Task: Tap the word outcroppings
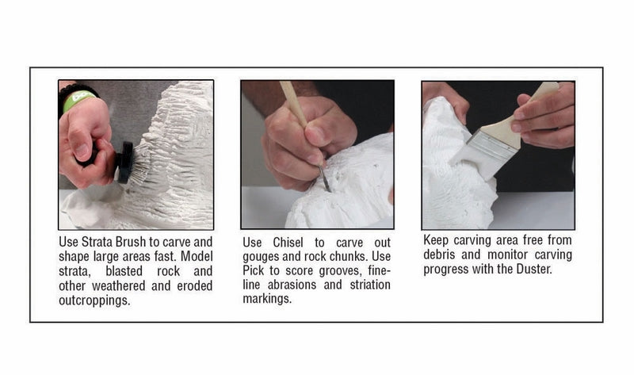coord(96,300)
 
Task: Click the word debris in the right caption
coord(442,254)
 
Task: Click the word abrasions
coord(298,285)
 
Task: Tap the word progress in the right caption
coord(446,269)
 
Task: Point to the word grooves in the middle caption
coord(334,272)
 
